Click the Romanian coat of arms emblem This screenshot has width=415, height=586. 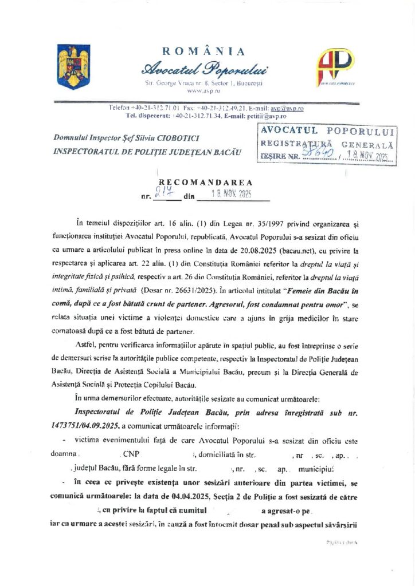click(x=73, y=67)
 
